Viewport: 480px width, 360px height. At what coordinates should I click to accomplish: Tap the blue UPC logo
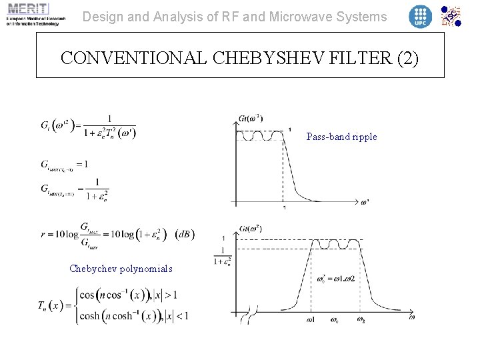(420, 16)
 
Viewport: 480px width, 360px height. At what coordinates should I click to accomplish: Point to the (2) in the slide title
(407, 59)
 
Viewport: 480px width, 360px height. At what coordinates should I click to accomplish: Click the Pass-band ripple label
(341, 137)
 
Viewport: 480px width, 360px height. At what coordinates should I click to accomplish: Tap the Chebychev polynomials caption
(121, 269)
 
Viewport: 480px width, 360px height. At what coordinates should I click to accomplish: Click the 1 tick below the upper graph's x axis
(285, 208)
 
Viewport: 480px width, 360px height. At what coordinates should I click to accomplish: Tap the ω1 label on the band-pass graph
(311, 319)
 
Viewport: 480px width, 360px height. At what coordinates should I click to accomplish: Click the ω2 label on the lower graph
(361, 319)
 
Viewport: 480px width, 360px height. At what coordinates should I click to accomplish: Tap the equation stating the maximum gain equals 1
(65, 165)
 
